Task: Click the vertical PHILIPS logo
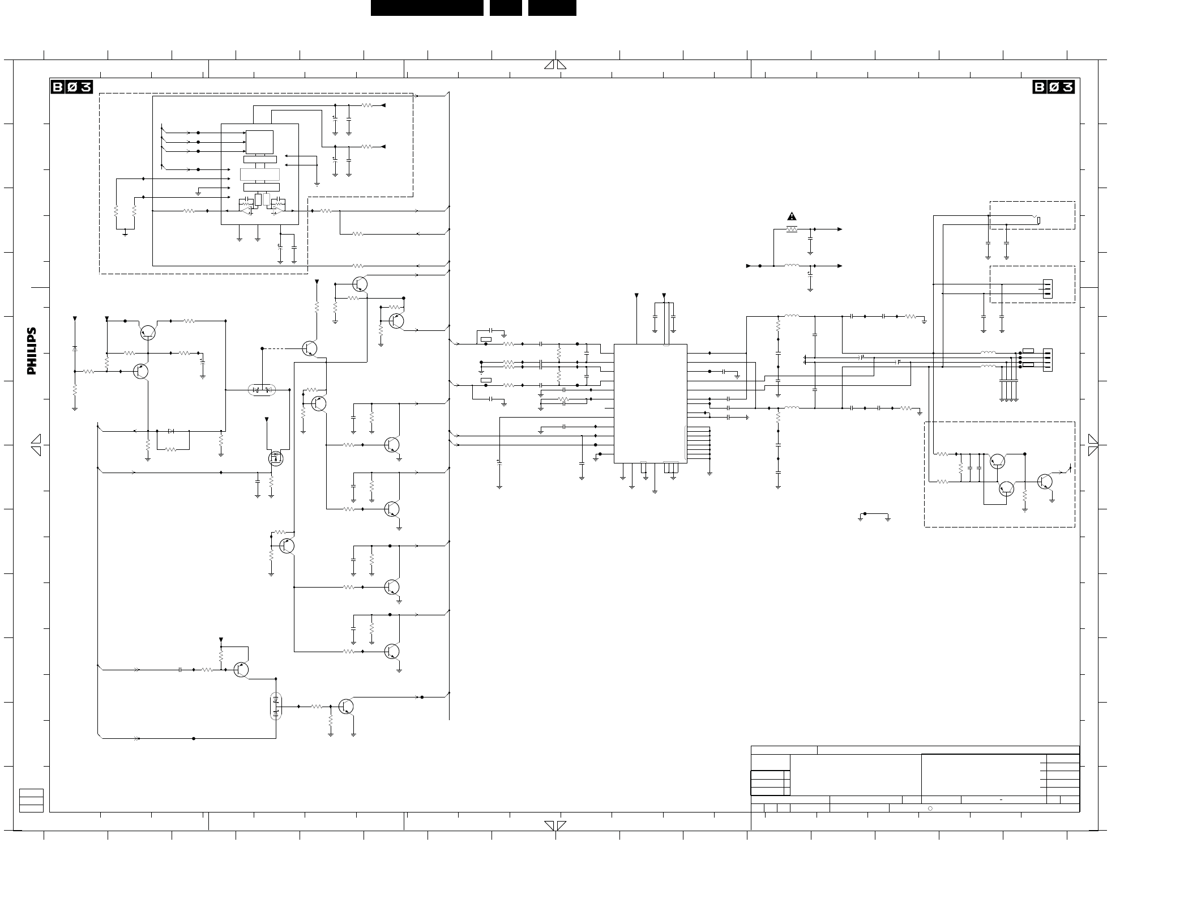pyautogui.click(x=32, y=351)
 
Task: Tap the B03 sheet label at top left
pyautogui.click(x=72, y=87)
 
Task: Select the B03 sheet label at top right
pyautogui.click(x=1054, y=87)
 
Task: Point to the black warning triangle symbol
pyautogui.click(x=792, y=216)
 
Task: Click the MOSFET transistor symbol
pyautogui.click(x=276, y=458)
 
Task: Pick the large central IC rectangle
pyautogui.click(x=651, y=403)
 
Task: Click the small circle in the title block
pyautogui.click(x=930, y=809)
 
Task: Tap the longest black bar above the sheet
pyautogui.click(x=427, y=8)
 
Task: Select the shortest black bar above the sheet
pyautogui.click(x=506, y=8)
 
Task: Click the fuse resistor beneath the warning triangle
pyautogui.click(x=792, y=229)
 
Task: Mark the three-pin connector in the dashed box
pyautogui.click(x=1048, y=289)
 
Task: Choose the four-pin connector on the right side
pyautogui.click(x=1048, y=360)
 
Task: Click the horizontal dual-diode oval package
pyautogui.click(x=262, y=390)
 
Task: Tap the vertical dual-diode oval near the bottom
pyautogui.click(x=276, y=706)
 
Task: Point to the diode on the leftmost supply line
pyautogui.click(x=75, y=348)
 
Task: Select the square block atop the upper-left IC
pyautogui.click(x=259, y=142)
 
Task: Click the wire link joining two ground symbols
pyautogui.click(x=874, y=514)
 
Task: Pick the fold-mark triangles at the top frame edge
pyautogui.click(x=555, y=65)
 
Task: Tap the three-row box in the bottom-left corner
pyautogui.click(x=31, y=800)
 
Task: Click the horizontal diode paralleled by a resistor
pyautogui.click(x=171, y=431)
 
